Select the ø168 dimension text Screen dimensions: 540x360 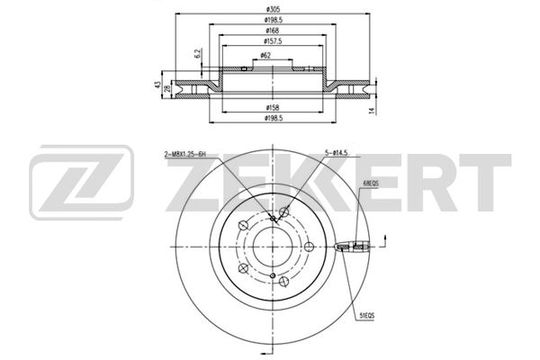pyautogui.click(x=273, y=31)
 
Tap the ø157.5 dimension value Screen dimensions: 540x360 pyautogui.click(x=273, y=41)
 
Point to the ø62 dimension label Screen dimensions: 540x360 pyautogui.click(x=265, y=55)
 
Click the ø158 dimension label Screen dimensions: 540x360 pyautogui.click(x=273, y=107)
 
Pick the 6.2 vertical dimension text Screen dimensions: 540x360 pyautogui.click(x=198, y=53)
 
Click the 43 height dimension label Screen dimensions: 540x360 pyautogui.click(x=157, y=85)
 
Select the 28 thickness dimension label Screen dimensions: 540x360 pyautogui.click(x=167, y=88)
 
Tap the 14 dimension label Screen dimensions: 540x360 pyautogui.click(x=371, y=110)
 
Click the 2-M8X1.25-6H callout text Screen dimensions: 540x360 pyautogui.click(x=184, y=155)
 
